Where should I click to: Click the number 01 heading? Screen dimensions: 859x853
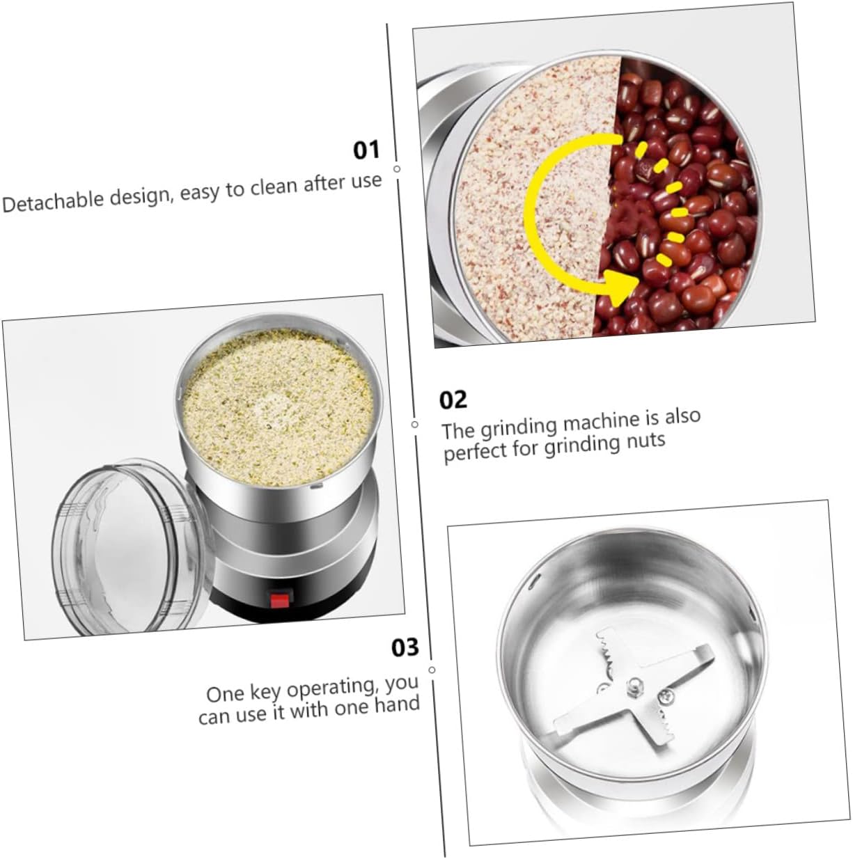click(366, 150)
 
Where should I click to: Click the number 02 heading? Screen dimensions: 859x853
click(453, 400)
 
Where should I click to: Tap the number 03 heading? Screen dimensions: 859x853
click(405, 647)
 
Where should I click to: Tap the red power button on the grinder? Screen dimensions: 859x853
click(280, 599)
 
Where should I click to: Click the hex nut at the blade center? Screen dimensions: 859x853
click(634, 686)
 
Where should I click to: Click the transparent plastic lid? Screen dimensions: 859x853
click(125, 547)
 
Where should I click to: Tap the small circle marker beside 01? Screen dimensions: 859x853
click(397, 168)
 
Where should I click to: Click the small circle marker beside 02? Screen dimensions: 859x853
click(415, 424)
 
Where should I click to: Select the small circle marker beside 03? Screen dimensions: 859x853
click(432, 670)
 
